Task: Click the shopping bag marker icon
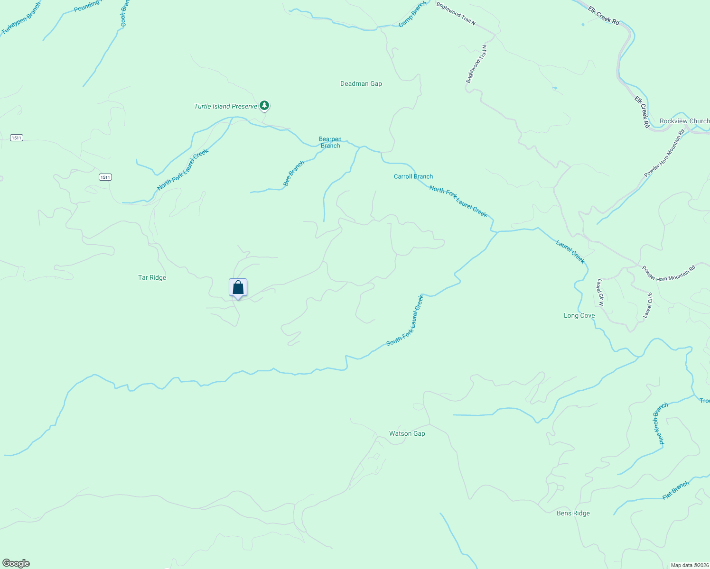(238, 287)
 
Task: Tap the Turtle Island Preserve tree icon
(264, 106)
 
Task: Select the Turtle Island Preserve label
(225, 106)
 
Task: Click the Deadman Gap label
(361, 83)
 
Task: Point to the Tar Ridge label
(152, 277)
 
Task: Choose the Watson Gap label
(407, 433)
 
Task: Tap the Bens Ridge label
(573, 513)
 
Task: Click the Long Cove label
(579, 315)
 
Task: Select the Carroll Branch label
(413, 176)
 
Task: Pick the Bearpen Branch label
(330, 142)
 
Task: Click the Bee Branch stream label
(293, 174)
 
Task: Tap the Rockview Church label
(684, 121)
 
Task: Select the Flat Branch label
(675, 490)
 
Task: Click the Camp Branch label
(412, 14)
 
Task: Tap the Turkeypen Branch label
(21, 18)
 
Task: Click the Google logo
(16, 563)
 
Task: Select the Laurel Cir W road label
(600, 292)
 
